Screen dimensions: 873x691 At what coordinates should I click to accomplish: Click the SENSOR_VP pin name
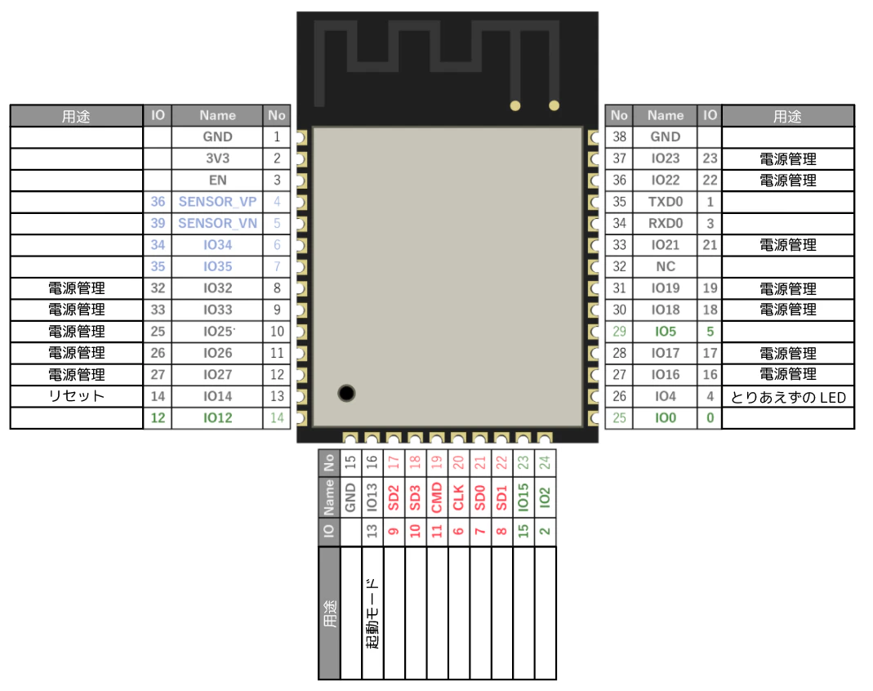coord(217,202)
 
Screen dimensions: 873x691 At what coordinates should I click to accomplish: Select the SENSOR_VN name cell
coord(217,223)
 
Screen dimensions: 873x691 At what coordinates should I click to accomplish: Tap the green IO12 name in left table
coord(217,417)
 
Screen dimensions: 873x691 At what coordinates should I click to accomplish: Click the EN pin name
coord(217,180)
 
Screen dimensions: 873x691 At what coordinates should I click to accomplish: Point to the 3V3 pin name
coord(217,158)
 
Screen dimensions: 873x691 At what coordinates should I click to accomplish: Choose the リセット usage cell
coord(76,396)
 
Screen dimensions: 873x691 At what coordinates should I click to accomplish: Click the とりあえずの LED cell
coord(788,397)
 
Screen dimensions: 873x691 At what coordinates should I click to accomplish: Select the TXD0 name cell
coord(666,202)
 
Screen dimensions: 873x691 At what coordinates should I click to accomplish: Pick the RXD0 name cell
coord(666,223)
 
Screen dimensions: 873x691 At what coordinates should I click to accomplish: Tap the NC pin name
coord(666,267)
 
